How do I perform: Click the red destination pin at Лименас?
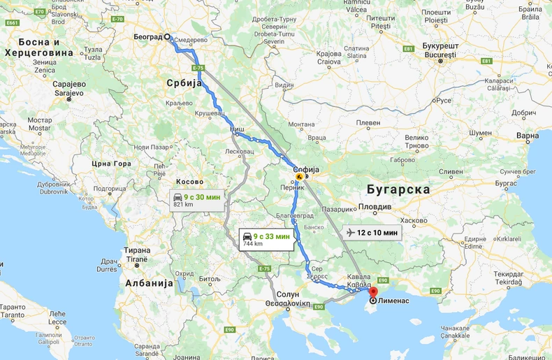point(373,291)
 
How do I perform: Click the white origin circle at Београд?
point(168,37)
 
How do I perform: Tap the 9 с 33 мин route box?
point(266,239)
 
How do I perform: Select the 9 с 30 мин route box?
point(199,199)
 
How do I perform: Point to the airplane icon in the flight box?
point(351,232)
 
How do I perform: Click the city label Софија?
point(305,169)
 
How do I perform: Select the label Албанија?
point(149,283)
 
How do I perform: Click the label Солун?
point(287,294)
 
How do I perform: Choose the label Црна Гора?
point(112,164)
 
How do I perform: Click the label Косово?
point(189,181)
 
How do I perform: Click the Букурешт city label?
point(440,46)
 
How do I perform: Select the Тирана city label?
point(136,250)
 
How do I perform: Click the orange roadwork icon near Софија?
point(300,178)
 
